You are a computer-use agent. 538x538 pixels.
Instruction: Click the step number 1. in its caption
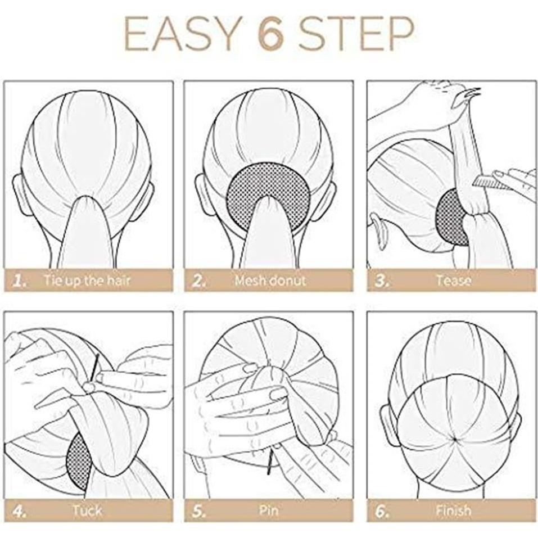(x=20, y=280)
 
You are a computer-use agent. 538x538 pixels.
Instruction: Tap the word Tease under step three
(x=453, y=280)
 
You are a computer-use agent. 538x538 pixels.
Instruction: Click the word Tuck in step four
(x=87, y=511)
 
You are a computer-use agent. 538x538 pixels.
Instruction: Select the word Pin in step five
(x=269, y=511)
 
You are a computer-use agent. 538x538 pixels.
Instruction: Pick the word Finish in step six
(x=453, y=511)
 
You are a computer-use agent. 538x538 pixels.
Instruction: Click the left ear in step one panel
(x=21, y=195)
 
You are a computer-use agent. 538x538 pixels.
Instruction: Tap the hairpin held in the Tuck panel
(x=96, y=365)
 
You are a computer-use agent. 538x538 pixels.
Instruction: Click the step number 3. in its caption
(x=382, y=280)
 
